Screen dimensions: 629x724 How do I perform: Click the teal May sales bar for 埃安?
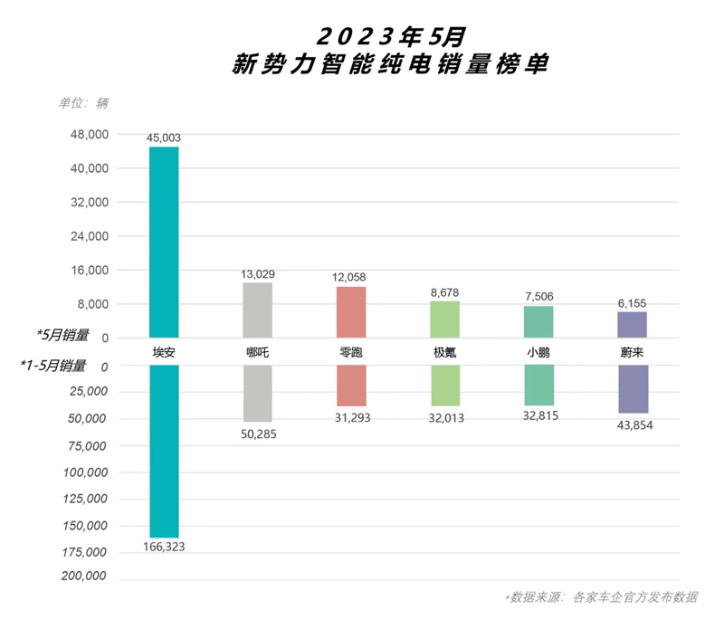164,242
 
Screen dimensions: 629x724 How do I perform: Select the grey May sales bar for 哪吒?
257,310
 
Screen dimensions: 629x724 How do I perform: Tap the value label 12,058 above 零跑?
351,277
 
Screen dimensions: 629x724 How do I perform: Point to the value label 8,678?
444,291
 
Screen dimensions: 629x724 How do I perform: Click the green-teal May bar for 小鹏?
538,321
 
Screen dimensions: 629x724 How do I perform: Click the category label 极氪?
444,351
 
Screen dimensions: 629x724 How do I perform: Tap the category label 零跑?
351,351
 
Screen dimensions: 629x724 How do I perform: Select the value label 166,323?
164,547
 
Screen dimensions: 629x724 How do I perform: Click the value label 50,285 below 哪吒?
257,434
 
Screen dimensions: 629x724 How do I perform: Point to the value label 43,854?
633,425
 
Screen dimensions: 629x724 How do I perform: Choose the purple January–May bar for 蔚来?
633,388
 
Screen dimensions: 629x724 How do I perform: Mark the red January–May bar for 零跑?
351,385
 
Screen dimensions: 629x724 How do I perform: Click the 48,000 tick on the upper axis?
89,135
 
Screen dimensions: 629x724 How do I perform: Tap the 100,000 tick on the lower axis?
86,472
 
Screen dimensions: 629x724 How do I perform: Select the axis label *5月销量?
56,335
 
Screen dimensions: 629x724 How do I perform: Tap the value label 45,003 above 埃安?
164,138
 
